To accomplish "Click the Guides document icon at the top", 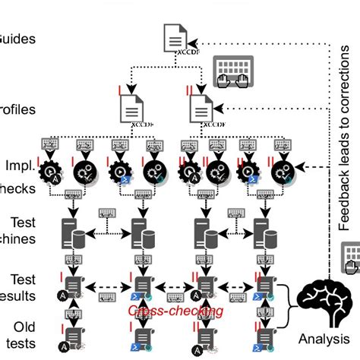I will coord(174,39).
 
